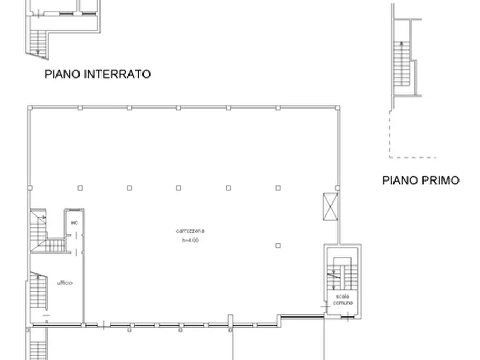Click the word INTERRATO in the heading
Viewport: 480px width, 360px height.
[118, 75]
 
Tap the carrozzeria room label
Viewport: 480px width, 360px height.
[190, 231]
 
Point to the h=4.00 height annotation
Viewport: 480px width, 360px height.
[190, 240]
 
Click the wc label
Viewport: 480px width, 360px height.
[74, 222]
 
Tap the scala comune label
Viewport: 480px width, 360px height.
[343, 300]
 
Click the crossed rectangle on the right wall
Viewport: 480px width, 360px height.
[329, 206]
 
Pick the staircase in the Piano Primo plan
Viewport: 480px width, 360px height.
[400, 67]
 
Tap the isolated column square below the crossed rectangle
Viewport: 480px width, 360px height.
[278, 246]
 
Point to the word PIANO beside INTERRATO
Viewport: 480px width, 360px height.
[63, 75]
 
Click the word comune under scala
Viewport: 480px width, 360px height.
[343, 304]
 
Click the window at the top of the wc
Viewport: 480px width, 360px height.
[75, 210]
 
